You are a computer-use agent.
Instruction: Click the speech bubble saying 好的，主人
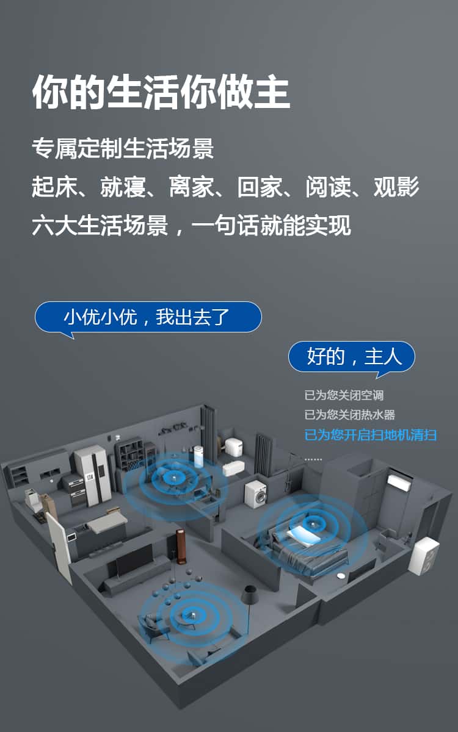click(x=351, y=357)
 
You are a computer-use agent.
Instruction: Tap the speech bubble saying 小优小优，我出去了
click(x=148, y=317)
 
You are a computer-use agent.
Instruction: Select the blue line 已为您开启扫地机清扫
click(x=370, y=435)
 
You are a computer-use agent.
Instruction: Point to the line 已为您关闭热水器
click(x=350, y=415)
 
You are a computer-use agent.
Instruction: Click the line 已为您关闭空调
click(x=344, y=395)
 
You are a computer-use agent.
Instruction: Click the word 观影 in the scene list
click(x=396, y=187)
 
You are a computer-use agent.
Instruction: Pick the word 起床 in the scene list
click(x=54, y=187)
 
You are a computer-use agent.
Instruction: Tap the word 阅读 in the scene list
click(x=328, y=187)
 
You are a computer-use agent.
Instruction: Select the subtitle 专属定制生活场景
click(x=123, y=149)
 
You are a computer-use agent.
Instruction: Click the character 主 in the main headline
click(x=272, y=91)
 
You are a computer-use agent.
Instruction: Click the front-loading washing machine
click(x=255, y=493)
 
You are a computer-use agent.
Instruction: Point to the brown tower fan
click(x=180, y=547)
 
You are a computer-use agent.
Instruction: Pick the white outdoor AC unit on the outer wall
click(x=424, y=556)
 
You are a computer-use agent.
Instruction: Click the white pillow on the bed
click(x=303, y=536)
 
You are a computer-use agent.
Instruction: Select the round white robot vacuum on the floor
click(x=342, y=575)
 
